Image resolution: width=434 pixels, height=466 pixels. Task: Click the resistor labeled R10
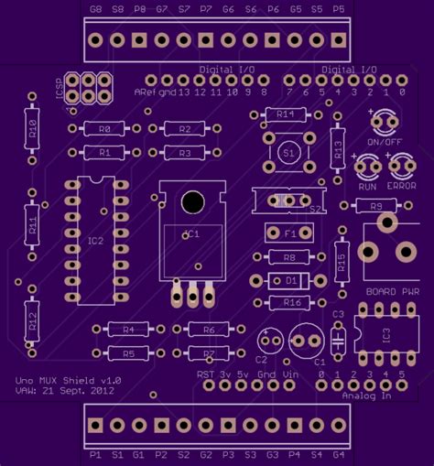(x=32, y=127)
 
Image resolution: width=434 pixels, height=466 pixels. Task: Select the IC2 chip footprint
(x=96, y=240)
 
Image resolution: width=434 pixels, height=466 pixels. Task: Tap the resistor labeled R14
(x=285, y=114)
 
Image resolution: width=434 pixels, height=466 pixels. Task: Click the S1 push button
(x=289, y=150)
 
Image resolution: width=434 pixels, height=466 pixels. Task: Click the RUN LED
(x=368, y=166)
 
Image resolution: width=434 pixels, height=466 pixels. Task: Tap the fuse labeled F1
(x=289, y=233)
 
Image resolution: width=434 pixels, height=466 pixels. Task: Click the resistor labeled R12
(x=32, y=320)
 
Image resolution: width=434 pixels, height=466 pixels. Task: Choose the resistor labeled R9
(x=375, y=208)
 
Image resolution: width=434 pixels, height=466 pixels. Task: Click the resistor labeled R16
(x=292, y=302)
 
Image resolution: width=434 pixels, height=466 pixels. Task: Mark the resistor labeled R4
(x=128, y=329)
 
